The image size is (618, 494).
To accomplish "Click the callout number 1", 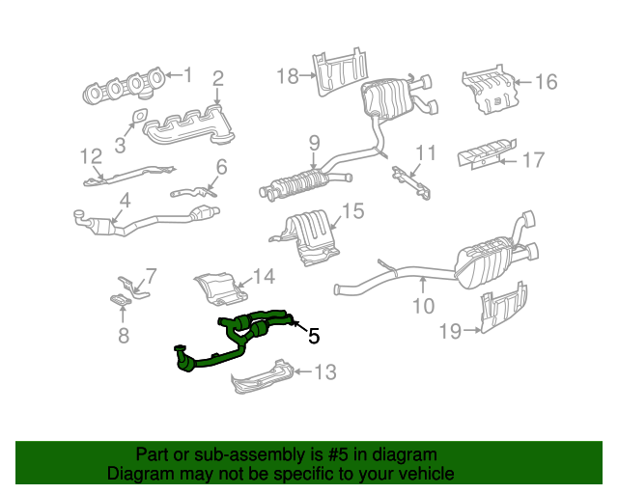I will (x=188, y=74).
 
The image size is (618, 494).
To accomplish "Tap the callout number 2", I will (x=218, y=78).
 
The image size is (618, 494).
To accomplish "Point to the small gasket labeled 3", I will (x=136, y=122).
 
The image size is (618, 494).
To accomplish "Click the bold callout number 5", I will (x=313, y=337).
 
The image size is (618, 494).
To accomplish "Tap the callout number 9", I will (x=314, y=144).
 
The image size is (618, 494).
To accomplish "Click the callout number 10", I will (x=424, y=307).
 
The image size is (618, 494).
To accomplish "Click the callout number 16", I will (x=546, y=82).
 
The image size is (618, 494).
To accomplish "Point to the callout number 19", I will (x=450, y=332).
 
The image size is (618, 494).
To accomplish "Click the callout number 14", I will (x=264, y=276).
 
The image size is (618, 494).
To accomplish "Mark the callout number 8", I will (x=123, y=336).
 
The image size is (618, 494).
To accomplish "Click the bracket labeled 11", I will (x=411, y=179).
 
